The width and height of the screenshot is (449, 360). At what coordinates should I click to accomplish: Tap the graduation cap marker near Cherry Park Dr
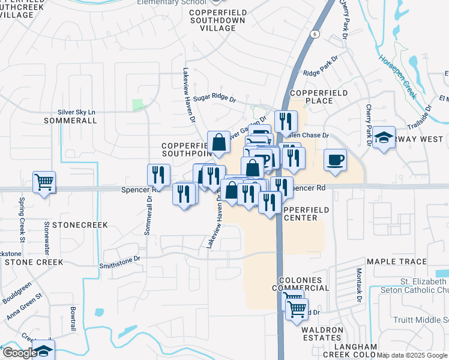coord(384,138)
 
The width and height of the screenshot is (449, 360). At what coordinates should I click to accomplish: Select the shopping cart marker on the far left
coord(44,182)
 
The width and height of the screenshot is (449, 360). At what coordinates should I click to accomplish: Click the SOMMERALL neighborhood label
coord(70,121)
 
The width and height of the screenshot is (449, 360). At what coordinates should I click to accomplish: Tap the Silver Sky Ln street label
coord(76,112)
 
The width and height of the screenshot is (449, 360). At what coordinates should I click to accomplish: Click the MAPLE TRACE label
coord(397,262)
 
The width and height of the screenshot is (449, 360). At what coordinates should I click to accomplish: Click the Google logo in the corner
coord(19,353)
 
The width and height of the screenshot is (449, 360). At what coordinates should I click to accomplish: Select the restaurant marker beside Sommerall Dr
coord(156,175)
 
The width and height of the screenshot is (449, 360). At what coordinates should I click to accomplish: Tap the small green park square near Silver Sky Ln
coord(139,106)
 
